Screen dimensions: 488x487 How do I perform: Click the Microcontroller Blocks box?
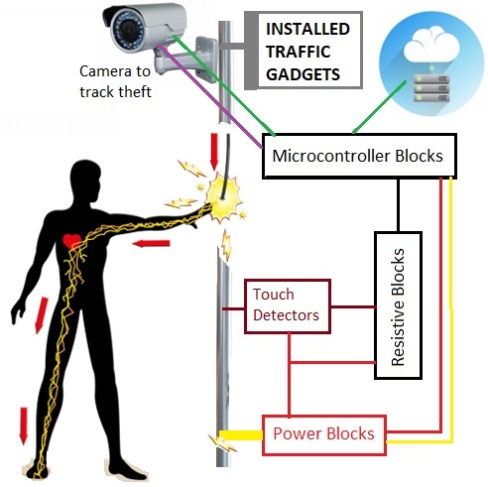pyautogui.click(x=359, y=156)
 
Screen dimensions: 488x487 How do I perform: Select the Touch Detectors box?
pyautogui.click(x=288, y=306)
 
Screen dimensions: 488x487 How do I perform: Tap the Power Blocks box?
pyautogui.click(x=324, y=435)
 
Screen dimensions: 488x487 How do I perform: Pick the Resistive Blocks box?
pyautogui.click(x=398, y=305)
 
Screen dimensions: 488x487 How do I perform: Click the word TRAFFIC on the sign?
pyautogui.click(x=299, y=52)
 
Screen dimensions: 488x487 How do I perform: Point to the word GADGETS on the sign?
pyautogui.click(x=303, y=74)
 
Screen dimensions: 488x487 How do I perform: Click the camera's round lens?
pyautogui.click(x=127, y=31)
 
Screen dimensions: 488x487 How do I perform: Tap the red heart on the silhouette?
pyautogui.click(x=72, y=241)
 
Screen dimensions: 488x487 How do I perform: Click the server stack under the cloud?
pyautogui.click(x=431, y=88)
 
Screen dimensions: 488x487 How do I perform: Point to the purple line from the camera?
pyautogui.click(x=210, y=96)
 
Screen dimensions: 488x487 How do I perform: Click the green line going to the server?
pyautogui.click(x=379, y=107)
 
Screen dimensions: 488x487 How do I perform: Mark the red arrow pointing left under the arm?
pyautogui.click(x=151, y=244)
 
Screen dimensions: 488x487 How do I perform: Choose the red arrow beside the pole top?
pyautogui.click(x=214, y=152)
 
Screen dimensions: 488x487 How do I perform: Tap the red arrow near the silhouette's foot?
pyautogui.click(x=23, y=426)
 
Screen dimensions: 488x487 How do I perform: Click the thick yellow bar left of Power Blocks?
pyautogui.click(x=241, y=435)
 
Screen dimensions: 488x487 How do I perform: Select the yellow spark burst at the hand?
pyautogui.click(x=222, y=198)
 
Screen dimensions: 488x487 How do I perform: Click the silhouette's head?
pyautogui.click(x=85, y=182)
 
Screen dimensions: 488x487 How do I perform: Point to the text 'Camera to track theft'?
pyautogui.click(x=115, y=81)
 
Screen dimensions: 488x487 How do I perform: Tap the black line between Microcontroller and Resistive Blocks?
pyautogui.click(x=398, y=205)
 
